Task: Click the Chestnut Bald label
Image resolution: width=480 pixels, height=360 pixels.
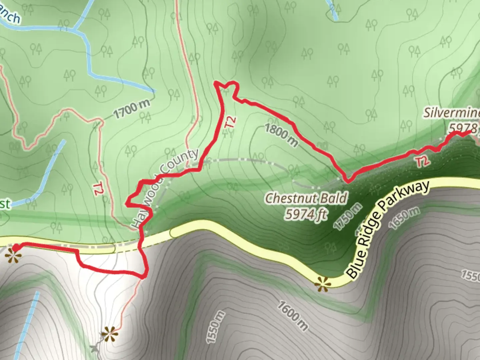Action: pos(306,199)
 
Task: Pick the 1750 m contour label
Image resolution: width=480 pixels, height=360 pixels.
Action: pos(348,216)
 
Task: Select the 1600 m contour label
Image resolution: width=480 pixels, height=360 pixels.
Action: pos(292,315)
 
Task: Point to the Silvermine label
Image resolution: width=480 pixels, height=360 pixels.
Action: pos(452,113)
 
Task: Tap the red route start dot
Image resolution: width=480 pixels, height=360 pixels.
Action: pos(16,247)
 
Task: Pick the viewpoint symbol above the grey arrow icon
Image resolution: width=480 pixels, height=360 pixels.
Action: pos(110,333)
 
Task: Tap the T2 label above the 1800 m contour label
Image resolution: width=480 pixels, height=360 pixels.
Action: pos(231,122)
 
